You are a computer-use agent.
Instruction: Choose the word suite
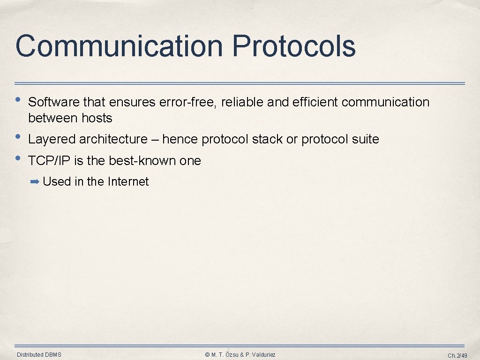pos(367,139)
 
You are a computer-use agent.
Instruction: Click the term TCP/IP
pos(49,161)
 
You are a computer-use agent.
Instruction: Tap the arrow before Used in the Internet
pos(35,182)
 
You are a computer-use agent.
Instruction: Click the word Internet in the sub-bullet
pos(128,182)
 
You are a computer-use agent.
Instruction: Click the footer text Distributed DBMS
pos(39,355)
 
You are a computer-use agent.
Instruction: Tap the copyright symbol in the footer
pos(207,355)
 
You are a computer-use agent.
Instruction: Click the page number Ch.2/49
pos(457,355)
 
